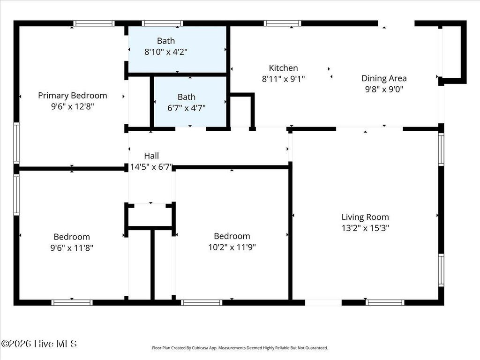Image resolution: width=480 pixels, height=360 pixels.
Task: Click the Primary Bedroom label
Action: coord(73,96)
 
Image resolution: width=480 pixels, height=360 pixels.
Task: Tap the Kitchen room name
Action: coord(283,68)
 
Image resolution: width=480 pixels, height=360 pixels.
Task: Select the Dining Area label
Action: coord(384,78)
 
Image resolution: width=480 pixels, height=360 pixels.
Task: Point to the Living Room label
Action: coord(365,217)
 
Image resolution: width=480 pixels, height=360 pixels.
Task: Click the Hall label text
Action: coord(151,156)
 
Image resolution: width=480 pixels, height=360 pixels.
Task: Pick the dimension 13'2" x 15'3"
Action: coord(365,228)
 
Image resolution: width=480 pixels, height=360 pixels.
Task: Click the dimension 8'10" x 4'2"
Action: coord(166,52)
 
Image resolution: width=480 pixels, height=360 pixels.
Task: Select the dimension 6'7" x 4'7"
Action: coord(187,108)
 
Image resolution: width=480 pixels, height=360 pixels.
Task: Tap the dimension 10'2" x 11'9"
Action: coord(232,247)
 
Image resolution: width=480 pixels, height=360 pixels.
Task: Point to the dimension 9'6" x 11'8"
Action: coord(72,247)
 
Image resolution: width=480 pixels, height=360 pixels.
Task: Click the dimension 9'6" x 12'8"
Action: coord(73,107)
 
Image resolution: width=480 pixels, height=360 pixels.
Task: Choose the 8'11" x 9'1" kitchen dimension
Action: coord(283,79)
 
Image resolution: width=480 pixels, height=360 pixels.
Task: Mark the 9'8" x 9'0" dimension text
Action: coord(384,90)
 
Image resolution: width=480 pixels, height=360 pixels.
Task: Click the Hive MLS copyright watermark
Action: coord(39,344)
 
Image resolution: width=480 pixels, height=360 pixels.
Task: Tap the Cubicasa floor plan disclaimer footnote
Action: coord(240,348)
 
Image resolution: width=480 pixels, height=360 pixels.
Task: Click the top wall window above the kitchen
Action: coord(282,23)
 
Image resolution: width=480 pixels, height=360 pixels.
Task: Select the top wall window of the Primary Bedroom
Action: coord(94,23)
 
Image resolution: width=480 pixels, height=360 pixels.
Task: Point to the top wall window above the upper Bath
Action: coord(163,23)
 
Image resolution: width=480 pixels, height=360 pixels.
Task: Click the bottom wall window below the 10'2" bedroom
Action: coord(202,303)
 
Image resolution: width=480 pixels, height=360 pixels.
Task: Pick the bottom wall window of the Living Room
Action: coord(385,303)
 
